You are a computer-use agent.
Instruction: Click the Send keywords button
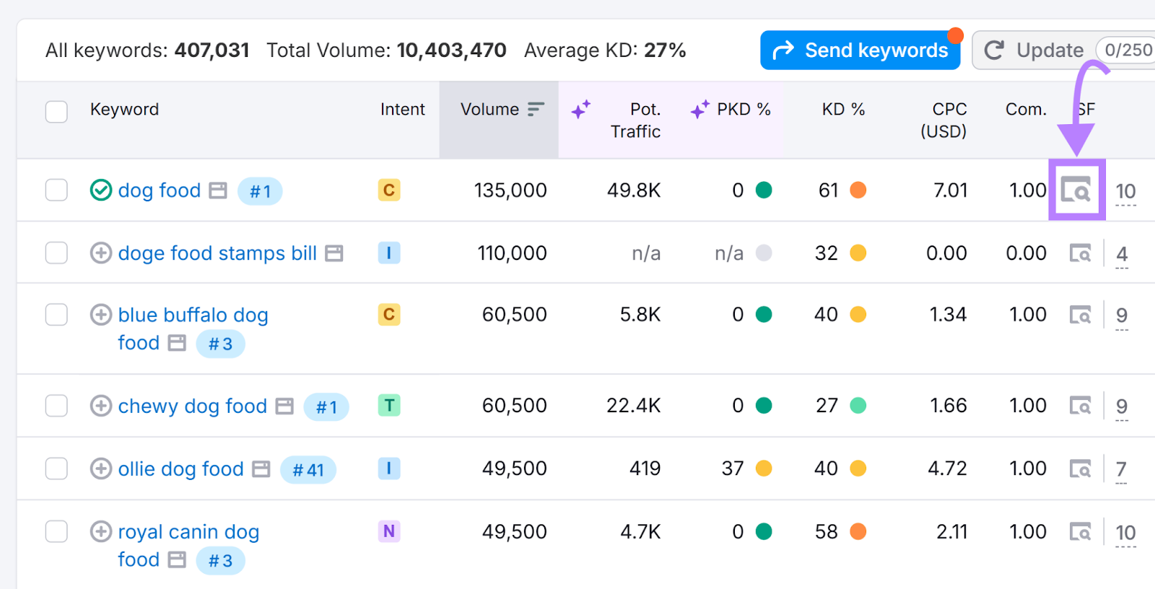[860, 51]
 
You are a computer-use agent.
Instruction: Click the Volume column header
[490, 110]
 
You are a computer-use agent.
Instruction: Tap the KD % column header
[842, 110]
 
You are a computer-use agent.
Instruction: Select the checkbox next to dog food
[56, 191]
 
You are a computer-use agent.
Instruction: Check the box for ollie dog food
[56, 468]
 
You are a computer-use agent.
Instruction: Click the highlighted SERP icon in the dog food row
[1076, 191]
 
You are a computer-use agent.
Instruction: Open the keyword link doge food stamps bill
[217, 253]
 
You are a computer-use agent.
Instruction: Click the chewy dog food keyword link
[192, 406]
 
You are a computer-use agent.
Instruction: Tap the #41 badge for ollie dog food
[308, 470]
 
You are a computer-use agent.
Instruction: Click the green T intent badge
[389, 406]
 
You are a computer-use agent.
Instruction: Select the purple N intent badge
[389, 532]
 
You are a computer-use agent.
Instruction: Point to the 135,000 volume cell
[510, 191]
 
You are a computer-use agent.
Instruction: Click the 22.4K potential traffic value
[633, 406]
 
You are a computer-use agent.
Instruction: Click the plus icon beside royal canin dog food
[101, 532]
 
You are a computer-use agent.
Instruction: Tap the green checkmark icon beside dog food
[101, 191]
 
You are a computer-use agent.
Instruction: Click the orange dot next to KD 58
[858, 532]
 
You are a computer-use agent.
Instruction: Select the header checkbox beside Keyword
[56, 112]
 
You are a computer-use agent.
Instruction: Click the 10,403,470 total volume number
[451, 51]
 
